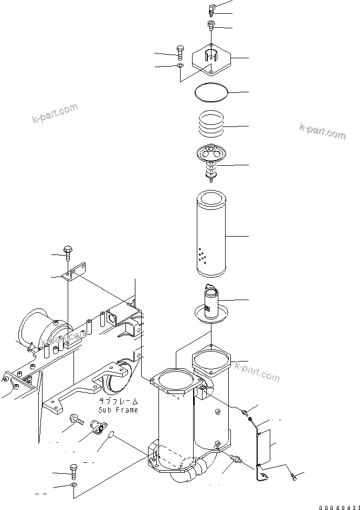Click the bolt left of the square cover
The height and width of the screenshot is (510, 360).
[x=180, y=52]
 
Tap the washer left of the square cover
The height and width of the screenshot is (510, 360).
[x=180, y=66]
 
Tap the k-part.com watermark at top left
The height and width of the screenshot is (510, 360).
[x=54, y=112]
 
